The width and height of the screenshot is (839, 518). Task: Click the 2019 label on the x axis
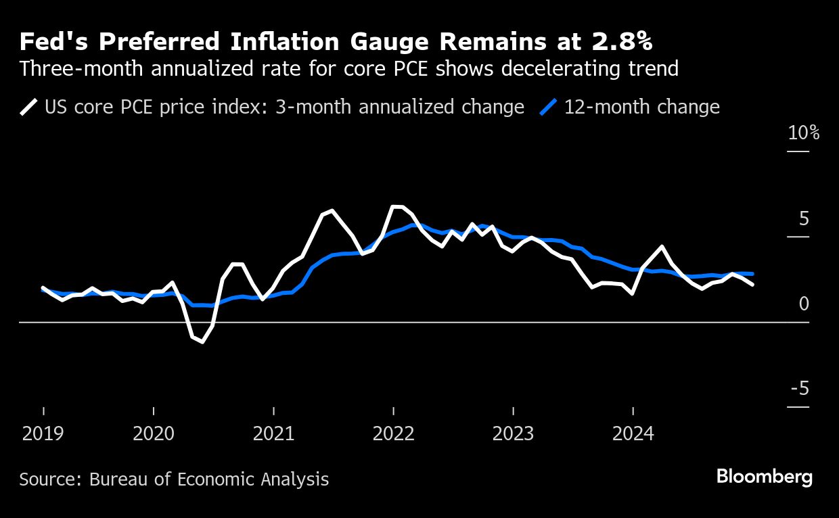coord(43,433)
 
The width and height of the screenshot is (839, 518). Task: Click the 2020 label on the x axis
coord(154,433)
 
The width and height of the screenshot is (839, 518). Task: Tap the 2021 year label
coord(273,433)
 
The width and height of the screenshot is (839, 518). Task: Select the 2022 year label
coord(393,433)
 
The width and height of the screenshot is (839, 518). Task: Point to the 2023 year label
coord(513,433)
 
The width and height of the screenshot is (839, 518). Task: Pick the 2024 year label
coord(633,433)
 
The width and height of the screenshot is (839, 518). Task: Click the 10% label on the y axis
coord(804,133)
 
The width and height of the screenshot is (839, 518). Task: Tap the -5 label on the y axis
coord(799,389)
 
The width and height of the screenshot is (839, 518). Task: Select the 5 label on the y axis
coord(804,218)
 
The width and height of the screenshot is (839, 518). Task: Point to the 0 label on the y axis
coord(804,304)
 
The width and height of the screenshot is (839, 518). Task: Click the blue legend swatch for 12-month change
coord(550,108)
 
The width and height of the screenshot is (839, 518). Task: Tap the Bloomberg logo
coord(764,477)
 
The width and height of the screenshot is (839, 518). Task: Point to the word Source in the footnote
coord(48,479)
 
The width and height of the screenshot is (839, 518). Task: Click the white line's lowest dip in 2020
coord(202,342)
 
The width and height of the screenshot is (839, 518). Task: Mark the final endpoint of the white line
coord(752,285)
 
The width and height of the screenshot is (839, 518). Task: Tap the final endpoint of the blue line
coord(752,274)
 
